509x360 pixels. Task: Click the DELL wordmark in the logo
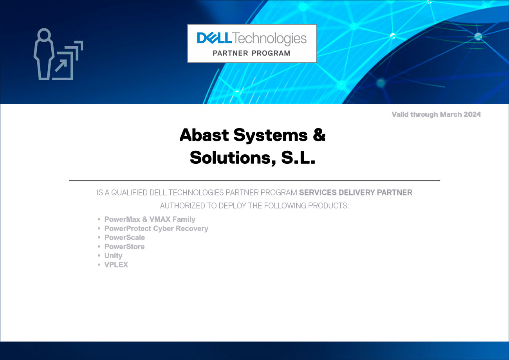(215, 38)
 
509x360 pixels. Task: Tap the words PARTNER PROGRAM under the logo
(251, 53)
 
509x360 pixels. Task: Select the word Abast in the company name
(204, 135)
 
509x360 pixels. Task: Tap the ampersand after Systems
(319, 135)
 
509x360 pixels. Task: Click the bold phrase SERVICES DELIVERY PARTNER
(356, 193)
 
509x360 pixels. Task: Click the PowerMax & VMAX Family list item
(150, 219)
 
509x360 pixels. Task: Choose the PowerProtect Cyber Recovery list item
(156, 228)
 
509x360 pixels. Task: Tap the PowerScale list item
(125, 237)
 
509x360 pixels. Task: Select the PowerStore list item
(125, 246)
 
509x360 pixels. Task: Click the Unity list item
(113, 255)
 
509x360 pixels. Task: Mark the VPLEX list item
(116, 265)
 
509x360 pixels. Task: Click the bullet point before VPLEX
(99, 265)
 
